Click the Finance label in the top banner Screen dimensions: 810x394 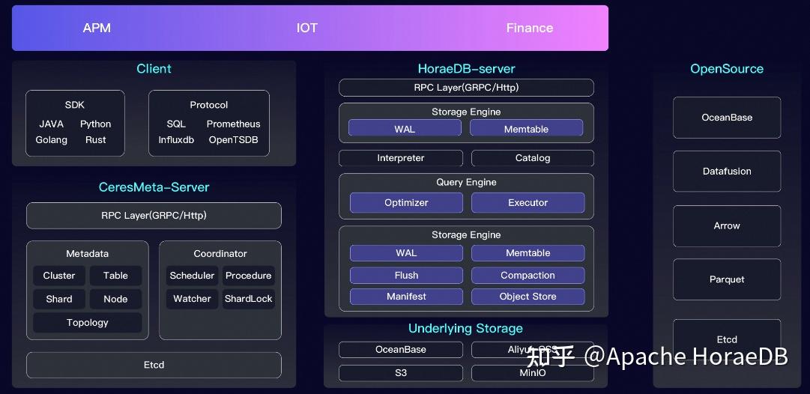pos(529,28)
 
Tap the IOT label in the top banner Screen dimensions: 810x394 pos(307,28)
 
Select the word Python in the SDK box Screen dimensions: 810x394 pos(95,124)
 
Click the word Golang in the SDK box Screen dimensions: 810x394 pos(52,140)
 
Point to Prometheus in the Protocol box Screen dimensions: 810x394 pos(233,124)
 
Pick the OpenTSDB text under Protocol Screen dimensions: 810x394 pos(233,140)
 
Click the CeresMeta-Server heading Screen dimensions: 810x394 pos(154,187)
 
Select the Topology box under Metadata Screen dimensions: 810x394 pos(88,323)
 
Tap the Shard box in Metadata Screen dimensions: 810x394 pos(59,299)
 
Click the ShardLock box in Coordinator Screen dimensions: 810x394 pos(249,299)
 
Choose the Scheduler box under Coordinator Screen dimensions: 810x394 pos(193,276)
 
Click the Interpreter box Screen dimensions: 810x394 pos(401,158)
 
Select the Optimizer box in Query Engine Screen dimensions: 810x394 pos(406,203)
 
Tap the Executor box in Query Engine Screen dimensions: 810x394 pos(528,203)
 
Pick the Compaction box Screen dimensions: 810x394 pos(528,276)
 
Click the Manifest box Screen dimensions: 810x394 pos(406,297)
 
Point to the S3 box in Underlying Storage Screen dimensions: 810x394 pos(401,373)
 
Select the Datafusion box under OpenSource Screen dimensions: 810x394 pos(727,172)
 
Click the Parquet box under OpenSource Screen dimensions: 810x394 pos(727,279)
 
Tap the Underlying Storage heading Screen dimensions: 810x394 pos(465,329)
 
